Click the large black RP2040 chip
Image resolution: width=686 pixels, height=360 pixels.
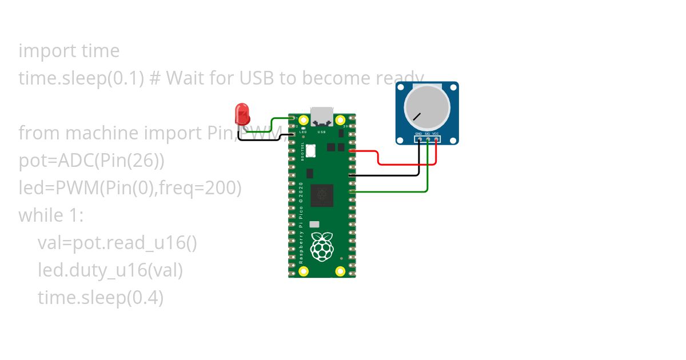coord(322,195)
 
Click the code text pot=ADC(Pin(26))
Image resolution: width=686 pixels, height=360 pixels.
coord(91,161)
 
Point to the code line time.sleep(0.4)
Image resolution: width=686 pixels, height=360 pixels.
coord(101,298)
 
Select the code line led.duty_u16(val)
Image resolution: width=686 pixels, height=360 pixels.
coord(110,270)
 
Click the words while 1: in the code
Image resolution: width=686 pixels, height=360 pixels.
coord(51,215)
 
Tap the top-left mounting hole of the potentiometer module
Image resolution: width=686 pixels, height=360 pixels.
coord(401,87)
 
